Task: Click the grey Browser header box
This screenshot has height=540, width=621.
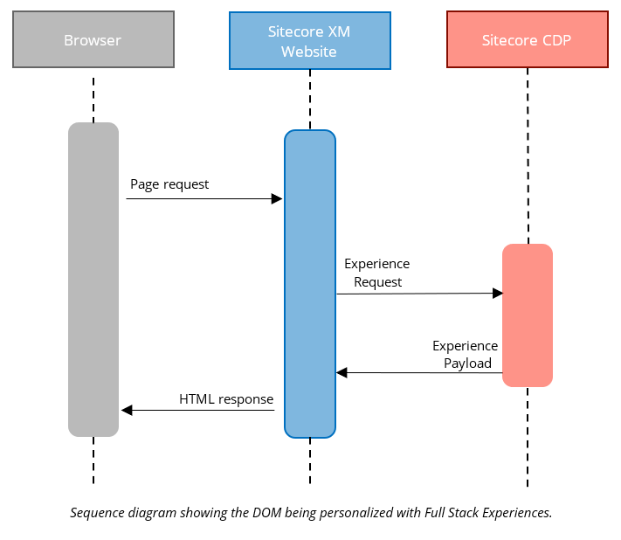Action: [x=93, y=40]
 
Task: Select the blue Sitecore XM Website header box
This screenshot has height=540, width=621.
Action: [x=308, y=41]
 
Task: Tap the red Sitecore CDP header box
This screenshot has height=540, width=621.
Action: [x=527, y=40]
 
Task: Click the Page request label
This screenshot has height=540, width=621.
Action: [x=169, y=184]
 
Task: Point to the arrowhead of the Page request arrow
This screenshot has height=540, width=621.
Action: [x=277, y=199]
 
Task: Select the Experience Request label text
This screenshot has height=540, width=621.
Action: [x=377, y=273]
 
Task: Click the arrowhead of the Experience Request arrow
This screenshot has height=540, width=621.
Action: [x=498, y=294]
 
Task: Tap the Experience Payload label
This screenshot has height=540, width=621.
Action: [x=466, y=355]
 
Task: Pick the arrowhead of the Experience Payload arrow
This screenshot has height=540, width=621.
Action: [x=342, y=373]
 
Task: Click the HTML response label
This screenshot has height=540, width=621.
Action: [x=226, y=399]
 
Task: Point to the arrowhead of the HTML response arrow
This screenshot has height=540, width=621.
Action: [x=127, y=410]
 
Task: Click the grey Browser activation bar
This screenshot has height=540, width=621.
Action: [x=93, y=279]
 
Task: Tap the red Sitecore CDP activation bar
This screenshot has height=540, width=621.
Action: [x=527, y=315]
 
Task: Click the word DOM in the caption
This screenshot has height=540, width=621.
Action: [x=241, y=513]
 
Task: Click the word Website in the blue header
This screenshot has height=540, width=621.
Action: [x=308, y=52]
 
